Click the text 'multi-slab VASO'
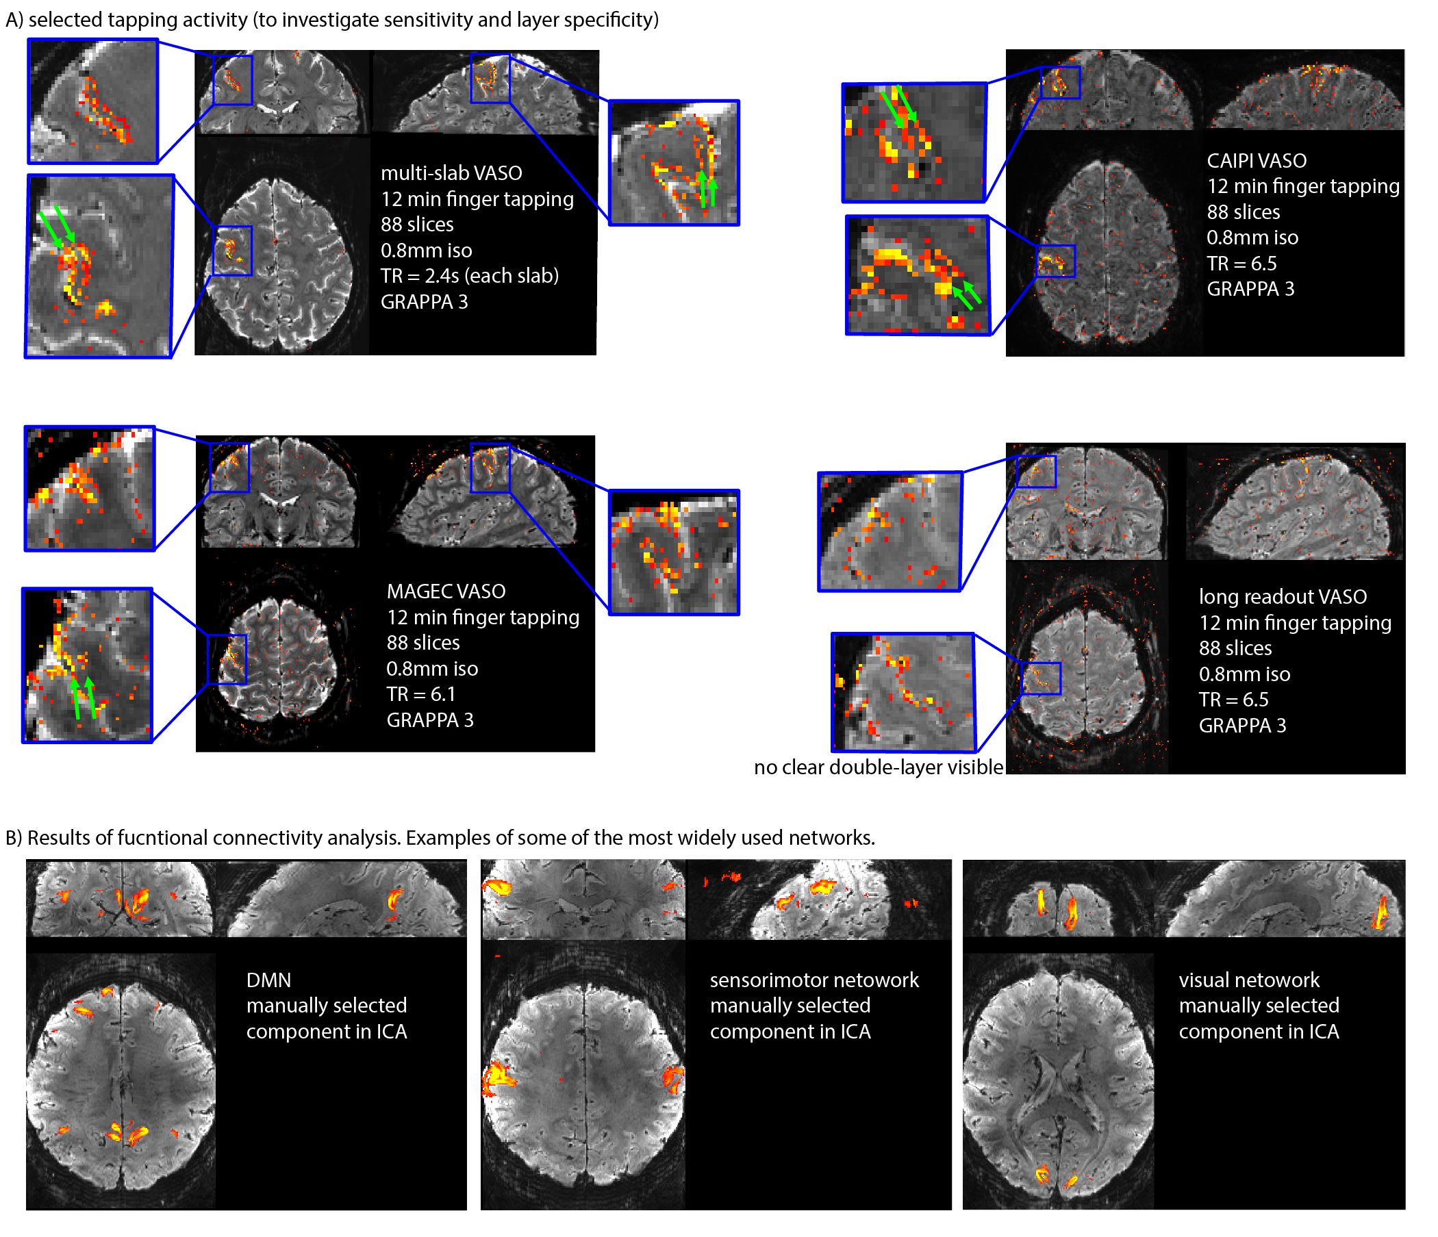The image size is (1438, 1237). coord(451,173)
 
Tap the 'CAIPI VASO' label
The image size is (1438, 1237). coord(1256,161)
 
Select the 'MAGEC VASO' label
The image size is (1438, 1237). coord(446,591)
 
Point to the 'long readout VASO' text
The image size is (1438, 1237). coord(1283,598)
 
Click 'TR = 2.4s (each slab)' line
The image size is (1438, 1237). coord(469,276)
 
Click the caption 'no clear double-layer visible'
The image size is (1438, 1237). coord(879,767)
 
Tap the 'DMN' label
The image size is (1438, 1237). coord(268,980)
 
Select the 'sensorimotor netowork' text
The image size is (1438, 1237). coord(814,980)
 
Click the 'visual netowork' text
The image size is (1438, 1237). coord(1249,980)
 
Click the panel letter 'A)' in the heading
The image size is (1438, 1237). coord(14,20)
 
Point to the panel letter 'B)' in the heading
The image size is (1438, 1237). coord(14,838)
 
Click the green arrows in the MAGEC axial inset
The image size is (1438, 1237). coord(83,698)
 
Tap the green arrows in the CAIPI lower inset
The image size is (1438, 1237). coord(967,294)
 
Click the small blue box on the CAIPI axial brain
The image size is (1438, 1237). coord(1056,261)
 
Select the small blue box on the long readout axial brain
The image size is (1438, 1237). coord(1042,678)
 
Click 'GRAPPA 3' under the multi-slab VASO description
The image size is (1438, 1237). coord(424,303)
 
